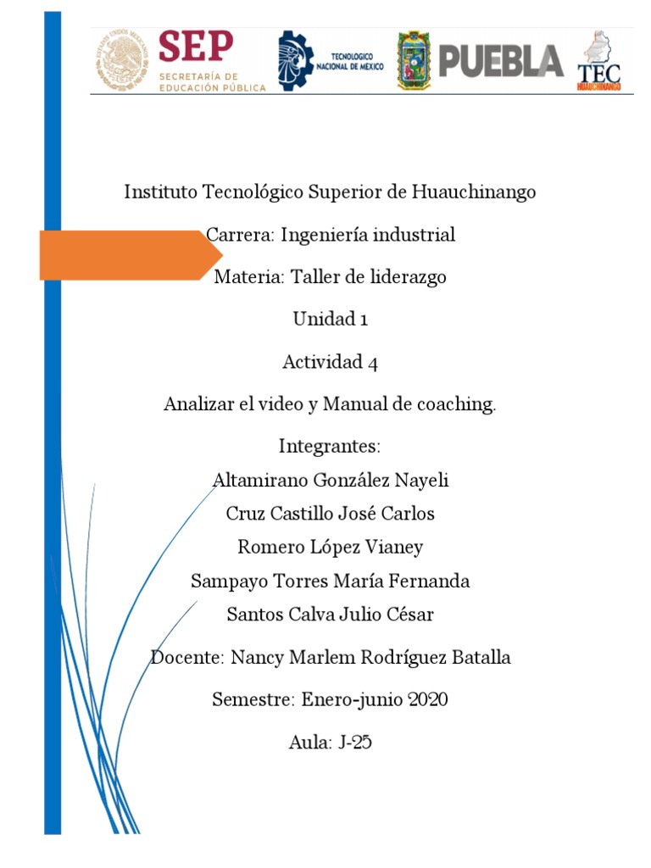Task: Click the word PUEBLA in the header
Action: click(x=500, y=61)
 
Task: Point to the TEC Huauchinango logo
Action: click(x=599, y=61)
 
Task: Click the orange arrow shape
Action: click(x=123, y=255)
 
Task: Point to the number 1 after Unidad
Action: click(x=363, y=320)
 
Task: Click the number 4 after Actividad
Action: click(x=372, y=363)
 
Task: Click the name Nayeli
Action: click(x=421, y=481)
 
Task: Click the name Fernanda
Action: click(x=429, y=581)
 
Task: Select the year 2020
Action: click(x=426, y=700)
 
